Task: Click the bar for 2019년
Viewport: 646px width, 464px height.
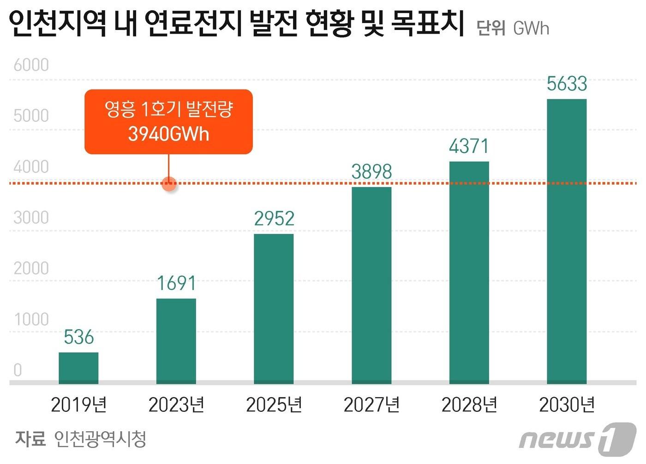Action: pyautogui.click(x=78, y=368)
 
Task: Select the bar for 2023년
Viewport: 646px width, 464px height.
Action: pyautogui.click(x=176, y=341)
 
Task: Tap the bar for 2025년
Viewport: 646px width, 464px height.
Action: pyautogui.click(x=274, y=309)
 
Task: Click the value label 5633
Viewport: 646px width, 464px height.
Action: pyautogui.click(x=567, y=84)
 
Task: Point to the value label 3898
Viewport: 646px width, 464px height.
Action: pyautogui.click(x=371, y=172)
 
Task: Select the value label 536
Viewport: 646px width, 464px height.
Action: pyautogui.click(x=78, y=337)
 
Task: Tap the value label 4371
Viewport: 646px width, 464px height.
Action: pyautogui.click(x=469, y=146)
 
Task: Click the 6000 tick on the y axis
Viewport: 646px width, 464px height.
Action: pyautogui.click(x=31, y=65)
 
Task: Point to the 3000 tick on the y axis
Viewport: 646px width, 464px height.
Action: pyautogui.click(x=31, y=217)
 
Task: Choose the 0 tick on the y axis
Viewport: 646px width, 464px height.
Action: pyautogui.click(x=18, y=370)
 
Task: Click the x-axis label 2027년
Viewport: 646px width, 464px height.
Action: pyautogui.click(x=371, y=405)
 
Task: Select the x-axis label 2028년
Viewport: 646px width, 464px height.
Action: pyautogui.click(x=469, y=405)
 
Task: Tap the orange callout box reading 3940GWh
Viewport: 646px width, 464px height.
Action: pyautogui.click(x=168, y=122)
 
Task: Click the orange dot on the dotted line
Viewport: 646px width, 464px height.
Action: pyautogui.click(x=169, y=184)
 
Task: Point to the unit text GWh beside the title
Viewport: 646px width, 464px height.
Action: pyautogui.click(x=531, y=29)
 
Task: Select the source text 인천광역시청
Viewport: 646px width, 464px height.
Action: pyautogui.click(x=100, y=439)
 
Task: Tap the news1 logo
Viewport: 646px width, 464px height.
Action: pyautogui.click(x=577, y=439)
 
